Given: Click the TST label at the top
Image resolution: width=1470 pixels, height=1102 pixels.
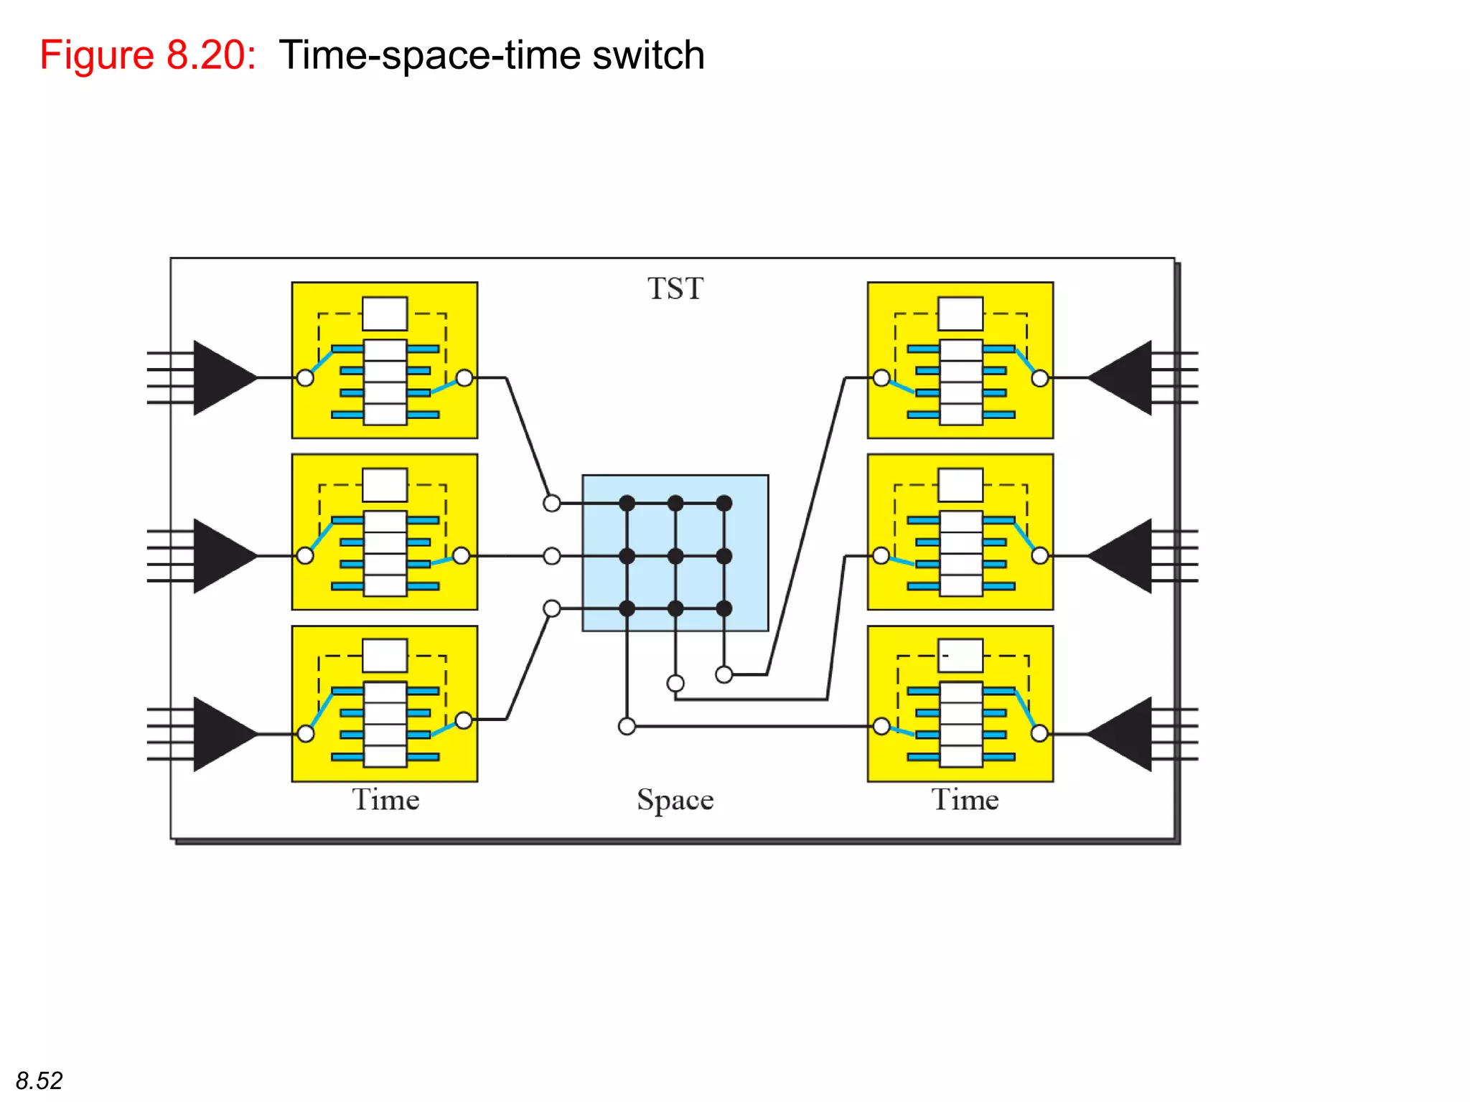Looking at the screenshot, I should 675,288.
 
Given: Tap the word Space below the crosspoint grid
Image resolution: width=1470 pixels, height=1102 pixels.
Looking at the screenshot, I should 675,800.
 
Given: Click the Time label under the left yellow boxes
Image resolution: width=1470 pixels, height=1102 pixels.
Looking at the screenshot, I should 385,799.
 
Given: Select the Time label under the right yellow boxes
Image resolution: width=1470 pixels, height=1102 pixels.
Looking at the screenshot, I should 965,799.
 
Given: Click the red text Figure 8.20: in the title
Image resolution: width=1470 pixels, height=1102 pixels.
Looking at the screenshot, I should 148,55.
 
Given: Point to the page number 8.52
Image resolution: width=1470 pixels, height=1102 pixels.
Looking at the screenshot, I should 39,1080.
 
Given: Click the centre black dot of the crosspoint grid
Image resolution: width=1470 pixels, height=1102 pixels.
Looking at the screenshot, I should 675,556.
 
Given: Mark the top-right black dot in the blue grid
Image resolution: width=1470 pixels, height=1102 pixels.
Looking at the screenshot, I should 724,503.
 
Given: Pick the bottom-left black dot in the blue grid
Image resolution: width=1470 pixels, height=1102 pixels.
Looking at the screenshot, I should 627,609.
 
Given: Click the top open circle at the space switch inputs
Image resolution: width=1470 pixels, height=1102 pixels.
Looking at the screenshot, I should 551,503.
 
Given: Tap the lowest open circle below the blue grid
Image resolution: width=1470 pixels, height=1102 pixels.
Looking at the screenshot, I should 627,727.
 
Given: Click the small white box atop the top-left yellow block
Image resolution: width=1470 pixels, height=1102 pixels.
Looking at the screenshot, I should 385,314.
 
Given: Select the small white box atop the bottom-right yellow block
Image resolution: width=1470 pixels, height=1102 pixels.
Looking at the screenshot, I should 960,656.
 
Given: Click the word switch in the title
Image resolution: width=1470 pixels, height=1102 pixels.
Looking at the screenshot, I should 648,55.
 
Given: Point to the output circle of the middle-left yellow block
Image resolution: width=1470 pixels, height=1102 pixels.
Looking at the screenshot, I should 462,555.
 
